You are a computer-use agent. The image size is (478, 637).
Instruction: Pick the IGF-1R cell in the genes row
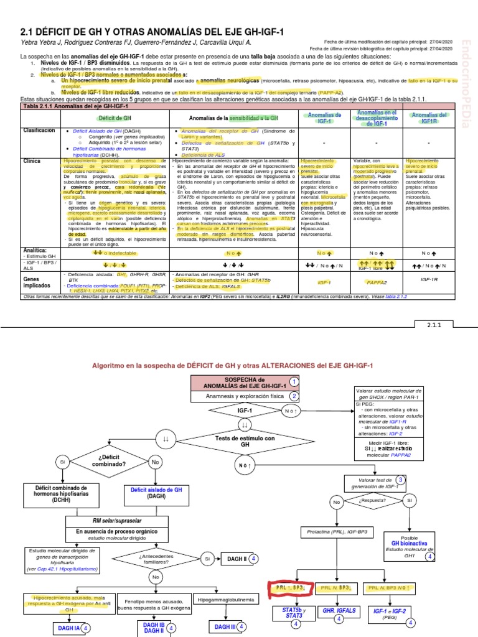pyautogui.click(x=429, y=280)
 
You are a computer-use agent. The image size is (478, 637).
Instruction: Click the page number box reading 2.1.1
pyautogui.click(x=433, y=325)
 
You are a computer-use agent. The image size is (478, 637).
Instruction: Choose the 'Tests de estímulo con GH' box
pyautogui.click(x=245, y=442)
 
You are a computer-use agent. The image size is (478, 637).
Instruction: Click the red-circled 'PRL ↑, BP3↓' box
pyautogui.click(x=290, y=587)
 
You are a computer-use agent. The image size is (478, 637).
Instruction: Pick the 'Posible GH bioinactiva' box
pyautogui.click(x=408, y=546)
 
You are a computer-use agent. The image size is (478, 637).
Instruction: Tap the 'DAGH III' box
pyautogui.click(x=225, y=627)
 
